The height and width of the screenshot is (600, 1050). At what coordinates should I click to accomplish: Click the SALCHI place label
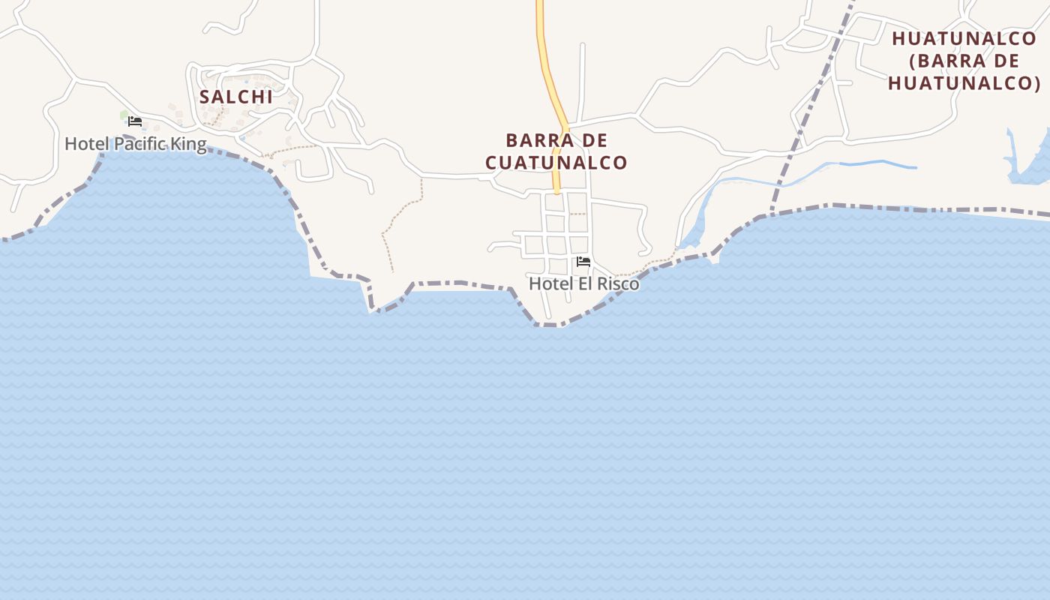(x=235, y=97)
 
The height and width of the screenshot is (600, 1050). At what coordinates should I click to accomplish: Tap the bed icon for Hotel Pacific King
(x=135, y=121)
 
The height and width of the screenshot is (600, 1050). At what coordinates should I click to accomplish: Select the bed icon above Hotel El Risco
(x=583, y=262)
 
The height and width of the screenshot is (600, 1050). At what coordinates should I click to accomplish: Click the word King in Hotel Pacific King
(x=189, y=144)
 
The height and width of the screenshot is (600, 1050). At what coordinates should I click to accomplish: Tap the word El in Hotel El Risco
(x=580, y=284)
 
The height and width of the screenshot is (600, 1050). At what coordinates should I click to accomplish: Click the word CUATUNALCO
(x=556, y=163)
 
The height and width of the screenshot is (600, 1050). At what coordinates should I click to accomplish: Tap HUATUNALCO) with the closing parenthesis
(x=964, y=82)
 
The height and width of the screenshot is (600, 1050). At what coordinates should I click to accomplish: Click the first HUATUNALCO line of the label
(x=964, y=39)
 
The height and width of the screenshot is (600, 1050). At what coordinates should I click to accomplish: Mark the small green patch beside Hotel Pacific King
(x=124, y=115)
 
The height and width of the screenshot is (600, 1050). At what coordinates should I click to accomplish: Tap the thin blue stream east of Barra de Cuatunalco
(x=877, y=163)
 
